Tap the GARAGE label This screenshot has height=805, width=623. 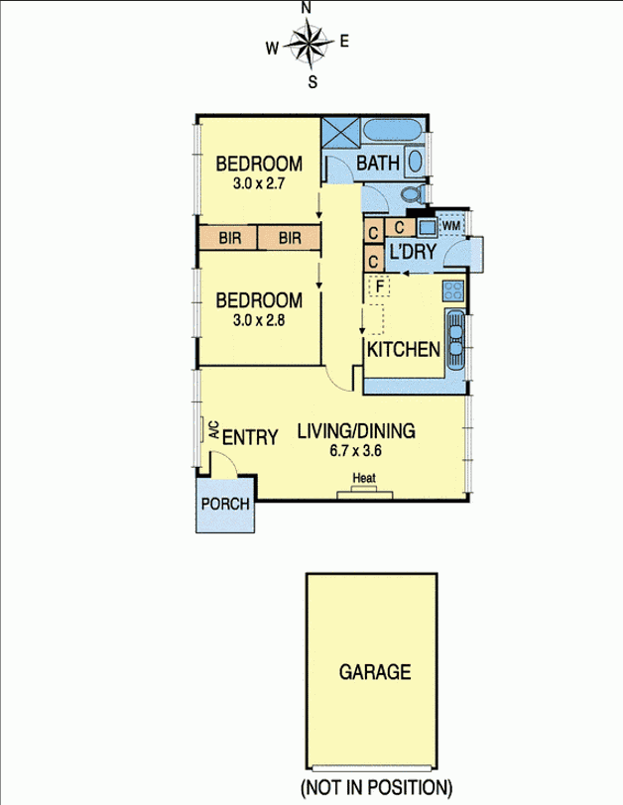pos(375,672)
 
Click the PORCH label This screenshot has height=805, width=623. pos(225,503)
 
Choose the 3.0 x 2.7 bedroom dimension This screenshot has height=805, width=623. pos(259,183)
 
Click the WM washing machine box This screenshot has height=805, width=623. pos(451,226)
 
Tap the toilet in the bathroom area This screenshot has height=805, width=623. pos(413,193)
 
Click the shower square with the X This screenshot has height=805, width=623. pos(341,135)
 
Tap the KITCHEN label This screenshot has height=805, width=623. pos(404,350)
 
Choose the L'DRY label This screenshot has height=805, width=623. pos(412,253)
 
